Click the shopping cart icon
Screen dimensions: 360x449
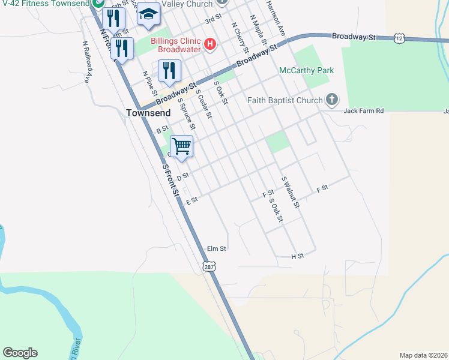[x=181, y=146]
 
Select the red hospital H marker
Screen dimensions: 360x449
[x=210, y=43]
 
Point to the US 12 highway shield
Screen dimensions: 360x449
[x=399, y=38]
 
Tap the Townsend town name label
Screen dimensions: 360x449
[x=148, y=112]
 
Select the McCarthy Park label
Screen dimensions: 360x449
[x=306, y=71]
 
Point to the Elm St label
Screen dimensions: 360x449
[x=216, y=248]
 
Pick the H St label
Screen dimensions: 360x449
[x=298, y=256]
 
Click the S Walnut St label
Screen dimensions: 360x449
[x=291, y=192]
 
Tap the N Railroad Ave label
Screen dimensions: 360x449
[x=88, y=61]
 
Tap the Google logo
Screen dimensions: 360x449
[x=20, y=353]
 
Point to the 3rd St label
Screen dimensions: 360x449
[x=209, y=20]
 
